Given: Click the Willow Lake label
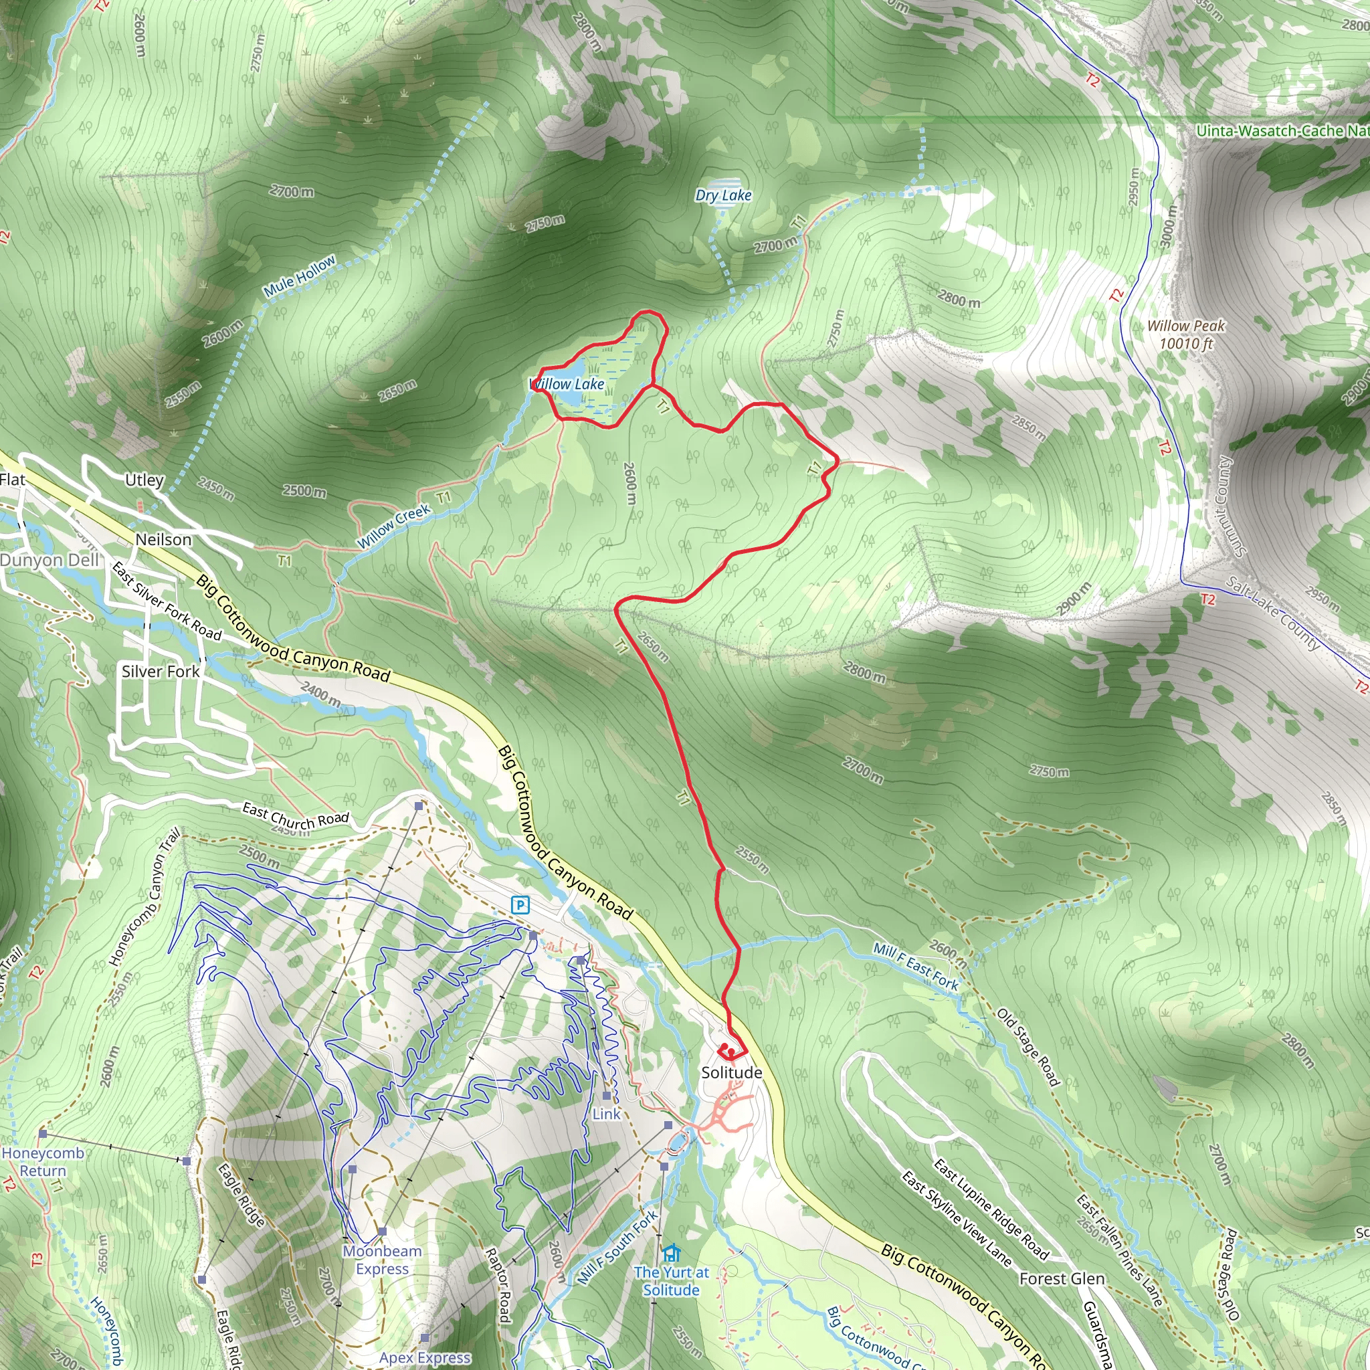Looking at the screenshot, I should pos(567,383).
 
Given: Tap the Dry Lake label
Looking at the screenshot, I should pos(722,195).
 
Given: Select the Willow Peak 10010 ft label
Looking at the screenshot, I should pos(1186,334).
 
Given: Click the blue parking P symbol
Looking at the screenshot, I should pos(520,905).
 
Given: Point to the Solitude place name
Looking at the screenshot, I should pos(731,1072).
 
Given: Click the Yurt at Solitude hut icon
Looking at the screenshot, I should pos(671,1253).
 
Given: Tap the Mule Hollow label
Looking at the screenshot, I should pos(299,276).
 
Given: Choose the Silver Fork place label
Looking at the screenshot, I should pos(161,671).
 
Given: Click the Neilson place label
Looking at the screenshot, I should pos(163,540).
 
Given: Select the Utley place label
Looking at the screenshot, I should pos(144,480).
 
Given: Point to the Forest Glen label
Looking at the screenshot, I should pos(1062,1278).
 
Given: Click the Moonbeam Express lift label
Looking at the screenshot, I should pos(382,1260).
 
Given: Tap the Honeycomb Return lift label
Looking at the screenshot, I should pos(43,1162).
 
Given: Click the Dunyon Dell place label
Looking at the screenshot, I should pos(50,560).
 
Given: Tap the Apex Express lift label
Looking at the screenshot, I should pos(424,1357).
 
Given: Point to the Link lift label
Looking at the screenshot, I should pos(606,1114).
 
